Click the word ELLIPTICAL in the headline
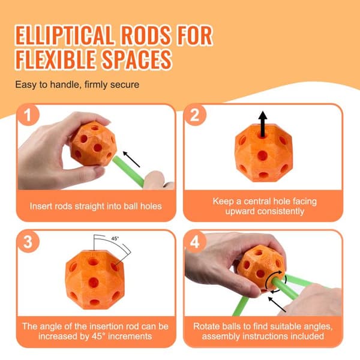pyautogui.click(x=65, y=35)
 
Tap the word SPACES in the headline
pyautogui.click(x=137, y=59)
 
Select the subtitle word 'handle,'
pyautogui.click(x=65, y=85)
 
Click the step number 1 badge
pyautogui.click(x=28, y=115)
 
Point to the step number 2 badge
pyautogui.click(x=194, y=115)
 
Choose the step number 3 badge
pyautogui.click(x=28, y=242)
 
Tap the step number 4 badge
pyautogui.click(x=194, y=242)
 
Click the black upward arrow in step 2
pyautogui.click(x=263, y=124)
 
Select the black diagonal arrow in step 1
pyautogui.click(x=131, y=159)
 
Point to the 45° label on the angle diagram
pyautogui.click(x=115, y=239)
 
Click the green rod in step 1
pyautogui.click(x=128, y=171)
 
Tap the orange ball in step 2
pyautogui.click(x=263, y=153)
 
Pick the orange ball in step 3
pyautogui.click(x=95, y=280)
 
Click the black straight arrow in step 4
pyautogui.click(x=277, y=304)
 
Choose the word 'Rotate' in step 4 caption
pyautogui.click(x=206, y=326)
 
